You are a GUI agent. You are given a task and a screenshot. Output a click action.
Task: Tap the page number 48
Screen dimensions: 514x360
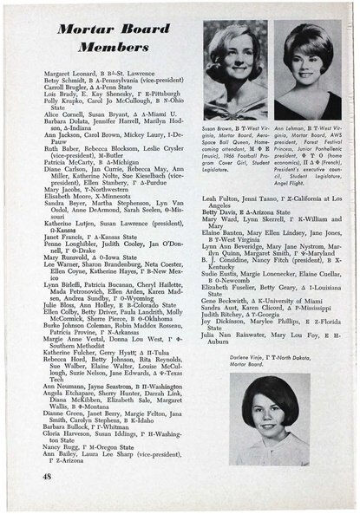tap(46, 476)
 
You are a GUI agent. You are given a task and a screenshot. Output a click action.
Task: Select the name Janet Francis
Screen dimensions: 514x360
tap(64, 259)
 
